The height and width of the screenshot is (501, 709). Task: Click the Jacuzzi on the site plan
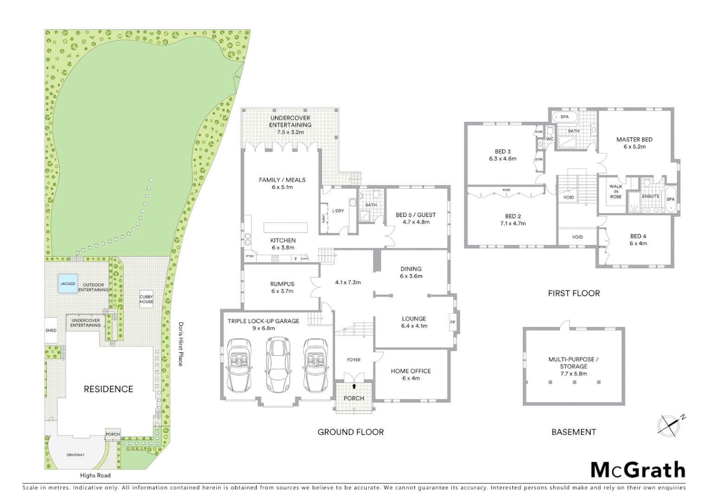point(68,283)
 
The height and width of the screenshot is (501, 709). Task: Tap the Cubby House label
point(146,299)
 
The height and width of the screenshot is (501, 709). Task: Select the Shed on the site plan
point(51,330)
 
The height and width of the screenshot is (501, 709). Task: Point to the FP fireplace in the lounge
point(452,322)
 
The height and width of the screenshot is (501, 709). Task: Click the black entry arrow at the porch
point(354,386)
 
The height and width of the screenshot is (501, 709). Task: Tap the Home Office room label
point(411,371)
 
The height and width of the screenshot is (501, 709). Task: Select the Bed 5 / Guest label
point(415,215)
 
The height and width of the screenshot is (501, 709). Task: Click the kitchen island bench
point(285,227)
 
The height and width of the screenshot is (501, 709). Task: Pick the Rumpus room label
point(282,284)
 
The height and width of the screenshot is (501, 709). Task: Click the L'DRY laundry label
point(338,211)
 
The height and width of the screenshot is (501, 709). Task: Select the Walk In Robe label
point(616,192)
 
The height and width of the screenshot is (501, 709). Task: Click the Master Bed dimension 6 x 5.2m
point(634,147)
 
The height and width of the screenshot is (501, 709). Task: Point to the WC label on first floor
point(550,139)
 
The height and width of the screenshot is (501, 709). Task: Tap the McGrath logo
point(638,470)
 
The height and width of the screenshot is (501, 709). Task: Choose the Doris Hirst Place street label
point(180,344)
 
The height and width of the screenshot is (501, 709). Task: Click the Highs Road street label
point(95,475)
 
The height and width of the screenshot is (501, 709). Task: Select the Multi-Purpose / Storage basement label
point(574,363)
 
